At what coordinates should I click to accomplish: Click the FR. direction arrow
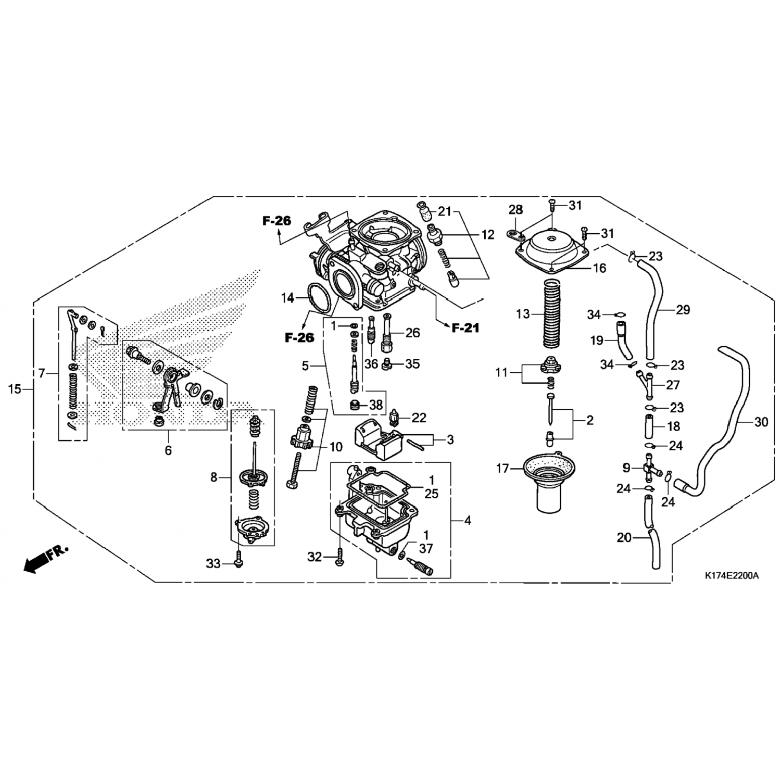(46, 560)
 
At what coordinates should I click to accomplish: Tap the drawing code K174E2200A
(732, 576)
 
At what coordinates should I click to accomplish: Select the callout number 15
(16, 389)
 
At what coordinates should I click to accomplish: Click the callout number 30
(761, 422)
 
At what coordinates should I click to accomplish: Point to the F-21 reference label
(464, 328)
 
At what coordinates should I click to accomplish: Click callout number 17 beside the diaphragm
(502, 469)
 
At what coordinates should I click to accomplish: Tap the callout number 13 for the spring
(523, 313)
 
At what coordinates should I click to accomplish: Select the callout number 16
(599, 268)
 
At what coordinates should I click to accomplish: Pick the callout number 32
(314, 557)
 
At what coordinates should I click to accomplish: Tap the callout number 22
(419, 418)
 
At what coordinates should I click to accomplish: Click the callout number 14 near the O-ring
(287, 298)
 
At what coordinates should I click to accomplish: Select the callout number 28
(515, 210)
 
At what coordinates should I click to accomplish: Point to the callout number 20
(624, 537)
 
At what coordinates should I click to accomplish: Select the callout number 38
(376, 405)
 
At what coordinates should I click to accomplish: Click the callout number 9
(626, 467)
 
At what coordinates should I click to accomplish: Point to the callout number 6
(168, 450)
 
